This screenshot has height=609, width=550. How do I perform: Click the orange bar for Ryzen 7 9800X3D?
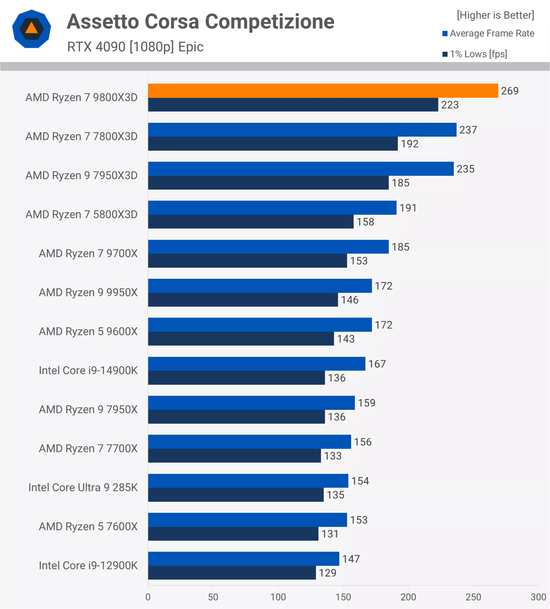click(x=323, y=91)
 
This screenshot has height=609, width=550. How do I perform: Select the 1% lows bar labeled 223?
click(x=293, y=105)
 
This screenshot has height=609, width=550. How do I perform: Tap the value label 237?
click(x=468, y=130)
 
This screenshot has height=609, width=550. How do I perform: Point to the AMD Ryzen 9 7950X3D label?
click(x=82, y=175)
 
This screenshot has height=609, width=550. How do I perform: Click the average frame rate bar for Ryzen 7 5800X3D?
click(x=272, y=208)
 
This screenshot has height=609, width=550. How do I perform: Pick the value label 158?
click(x=365, y=222)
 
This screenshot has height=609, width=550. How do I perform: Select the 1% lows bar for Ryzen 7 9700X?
click(x=247, y=261)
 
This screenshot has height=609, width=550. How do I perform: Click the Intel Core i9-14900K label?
click(x=88, y=370)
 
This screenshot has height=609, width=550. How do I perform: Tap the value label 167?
click(x=377, y=364)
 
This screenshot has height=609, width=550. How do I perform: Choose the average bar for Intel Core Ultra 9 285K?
click(x=248, y=481)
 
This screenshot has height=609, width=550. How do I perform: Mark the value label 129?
click(x=327, y=573)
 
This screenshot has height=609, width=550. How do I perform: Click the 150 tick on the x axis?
click(x=343, y=597)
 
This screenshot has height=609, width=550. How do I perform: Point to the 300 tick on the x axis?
click(x=538, y=597)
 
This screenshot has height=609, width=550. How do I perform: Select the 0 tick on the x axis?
click(x=148, y=597)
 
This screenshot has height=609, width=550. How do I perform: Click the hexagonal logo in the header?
click(x=31, y=29)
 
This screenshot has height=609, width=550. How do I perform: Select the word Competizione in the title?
click(x=270, y=22)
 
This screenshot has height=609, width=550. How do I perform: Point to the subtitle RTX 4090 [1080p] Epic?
click(x=135, y=47)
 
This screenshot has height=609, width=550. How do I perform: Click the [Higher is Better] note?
click(x=495, y=15)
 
